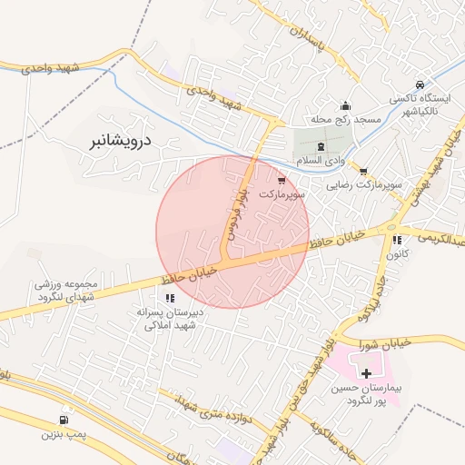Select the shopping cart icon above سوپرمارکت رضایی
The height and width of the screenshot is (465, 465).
362,172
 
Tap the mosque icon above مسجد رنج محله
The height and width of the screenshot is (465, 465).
344,105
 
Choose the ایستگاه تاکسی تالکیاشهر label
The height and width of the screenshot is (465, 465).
420,103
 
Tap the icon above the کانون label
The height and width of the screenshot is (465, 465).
397,241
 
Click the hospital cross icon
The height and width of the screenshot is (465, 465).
366,373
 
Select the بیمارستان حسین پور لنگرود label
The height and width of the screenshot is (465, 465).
366,393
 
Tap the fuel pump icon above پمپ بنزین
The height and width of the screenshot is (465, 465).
63,420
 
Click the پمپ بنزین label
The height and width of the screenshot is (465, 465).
63,435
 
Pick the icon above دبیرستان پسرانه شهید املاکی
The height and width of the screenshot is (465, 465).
170,297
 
